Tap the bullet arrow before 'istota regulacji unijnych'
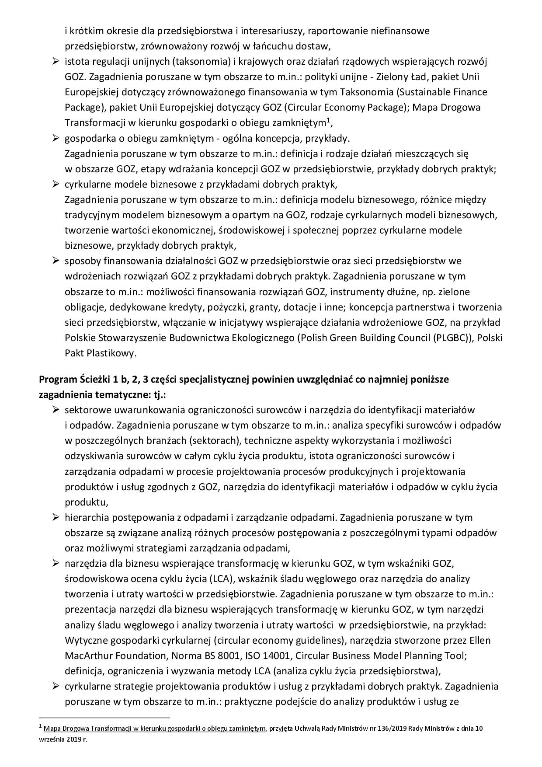56,62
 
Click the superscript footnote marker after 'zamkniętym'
328,120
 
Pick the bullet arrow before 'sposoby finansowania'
56,261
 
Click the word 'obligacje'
83,307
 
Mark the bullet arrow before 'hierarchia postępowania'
56,518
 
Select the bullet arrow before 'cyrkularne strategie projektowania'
56,687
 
